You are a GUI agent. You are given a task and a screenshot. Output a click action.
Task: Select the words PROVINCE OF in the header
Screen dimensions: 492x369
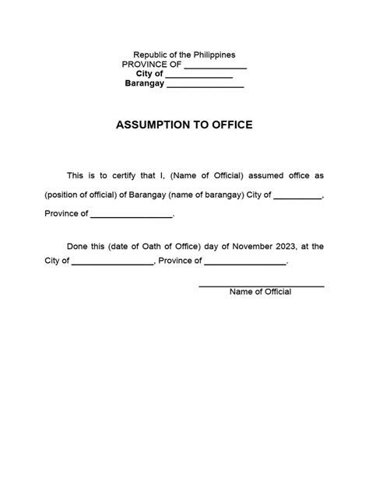[x=151, y=65]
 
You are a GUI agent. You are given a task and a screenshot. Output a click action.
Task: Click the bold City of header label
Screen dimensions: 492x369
[x=149, y=75]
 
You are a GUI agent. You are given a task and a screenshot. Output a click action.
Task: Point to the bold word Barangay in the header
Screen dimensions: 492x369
[x=145, y=84]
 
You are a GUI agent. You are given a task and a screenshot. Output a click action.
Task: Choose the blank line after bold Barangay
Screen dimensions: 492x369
[x=206, y=86]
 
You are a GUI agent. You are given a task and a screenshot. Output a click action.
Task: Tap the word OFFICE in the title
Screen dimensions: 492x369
[x=231, y=125]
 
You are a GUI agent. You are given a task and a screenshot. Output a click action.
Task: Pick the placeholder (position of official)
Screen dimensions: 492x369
[x=80, y=195]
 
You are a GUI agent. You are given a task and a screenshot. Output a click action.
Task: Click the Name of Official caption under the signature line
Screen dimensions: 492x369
[x=260, y=292]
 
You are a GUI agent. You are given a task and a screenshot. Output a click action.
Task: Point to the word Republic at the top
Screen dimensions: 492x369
[x=149, y=54]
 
